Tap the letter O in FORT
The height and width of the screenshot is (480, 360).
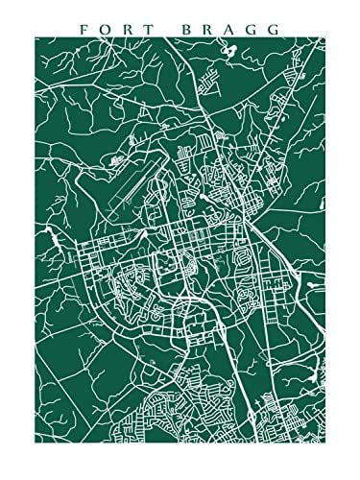tap(107, 30)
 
